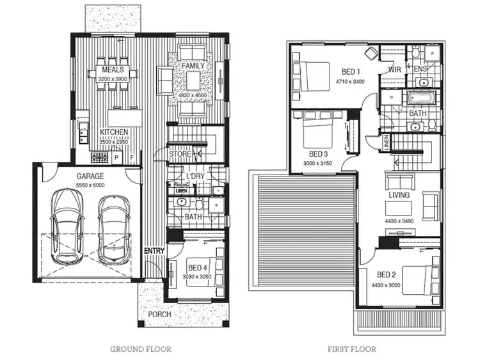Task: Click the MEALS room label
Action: (x=113, y=70)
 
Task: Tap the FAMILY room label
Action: (x=193, y=66)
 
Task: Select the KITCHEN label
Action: (x=114, y=132)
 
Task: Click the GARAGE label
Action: (x=91, y=175)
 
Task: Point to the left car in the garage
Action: (x=68, y=227)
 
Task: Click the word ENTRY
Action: (x=154, y=251)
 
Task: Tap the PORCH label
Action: (x=159, y=315)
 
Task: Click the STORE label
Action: (x=179, y=154)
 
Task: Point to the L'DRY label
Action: (x=195, y=175)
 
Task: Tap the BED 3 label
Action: (x=318, y=154)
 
